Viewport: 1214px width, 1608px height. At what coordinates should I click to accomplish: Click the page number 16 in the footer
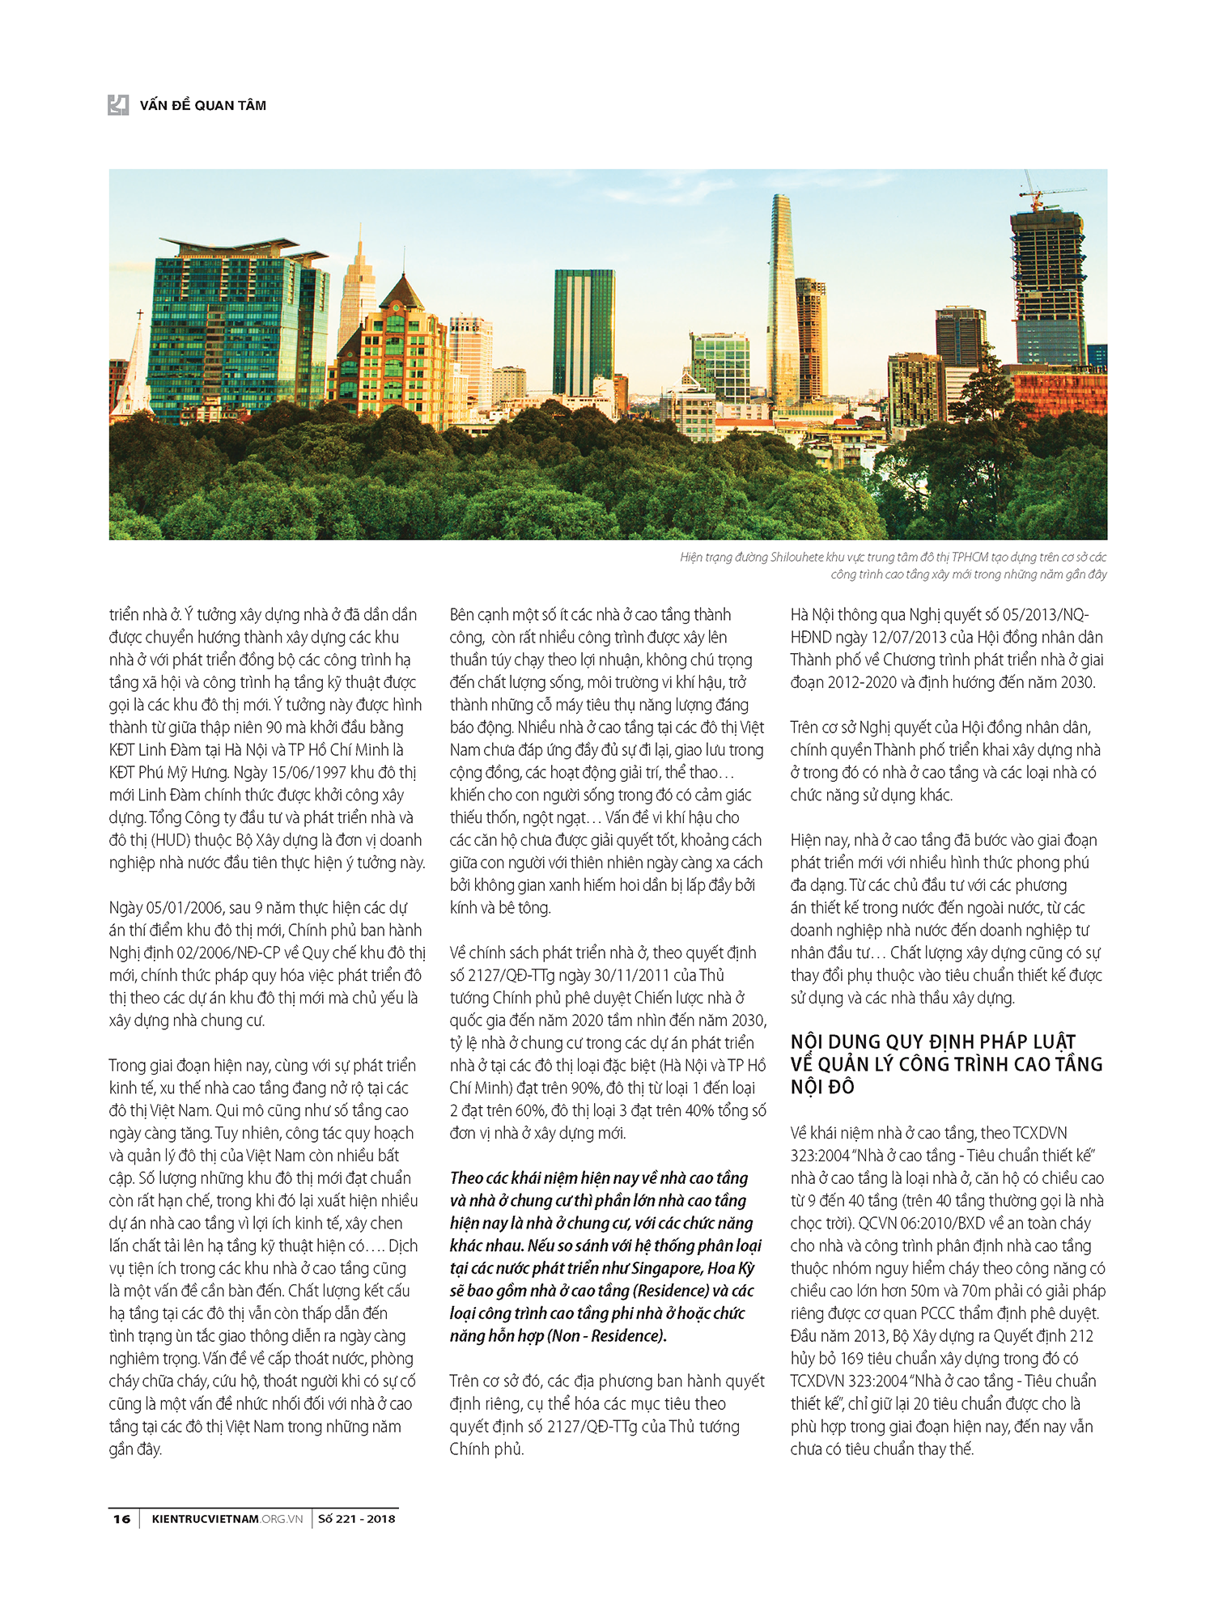121,1519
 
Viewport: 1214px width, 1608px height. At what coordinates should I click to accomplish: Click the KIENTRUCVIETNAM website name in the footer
205,1519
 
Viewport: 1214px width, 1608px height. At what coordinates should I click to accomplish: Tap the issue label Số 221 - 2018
356,1519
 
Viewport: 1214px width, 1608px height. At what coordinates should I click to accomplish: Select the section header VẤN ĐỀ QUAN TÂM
202,105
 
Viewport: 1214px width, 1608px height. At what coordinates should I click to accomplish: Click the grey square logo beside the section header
118,104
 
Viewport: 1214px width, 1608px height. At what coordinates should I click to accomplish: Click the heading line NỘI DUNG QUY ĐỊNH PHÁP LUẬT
932,1042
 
